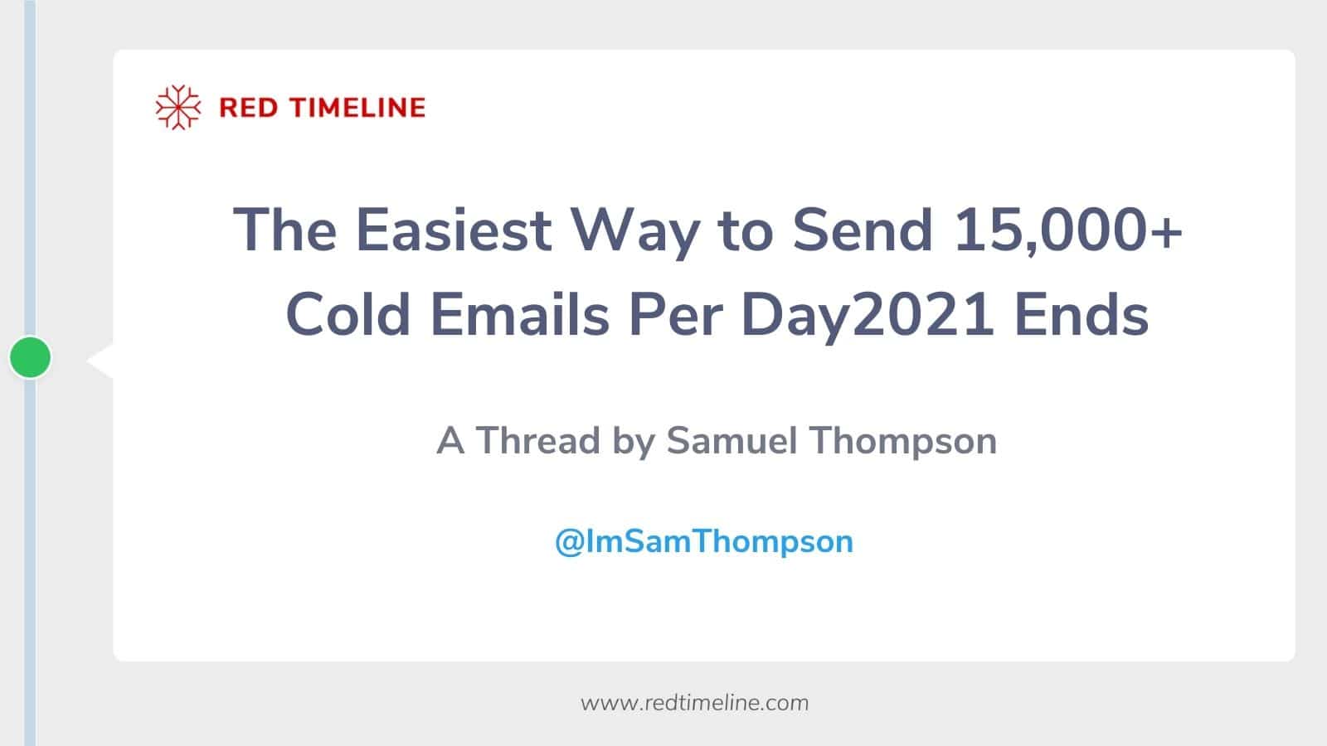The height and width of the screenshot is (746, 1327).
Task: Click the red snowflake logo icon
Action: (178, 107)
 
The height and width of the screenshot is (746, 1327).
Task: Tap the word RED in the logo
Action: (248, 108)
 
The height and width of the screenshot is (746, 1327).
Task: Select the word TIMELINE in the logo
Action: (357, 108)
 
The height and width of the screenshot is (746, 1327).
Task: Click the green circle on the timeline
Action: (30, 357)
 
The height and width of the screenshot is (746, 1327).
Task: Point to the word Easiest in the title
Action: (454, 230)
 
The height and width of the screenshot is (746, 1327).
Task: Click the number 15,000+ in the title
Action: (1068, 231)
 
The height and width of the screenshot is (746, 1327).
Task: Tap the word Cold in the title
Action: (348, 314)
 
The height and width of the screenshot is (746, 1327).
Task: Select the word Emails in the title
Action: (520, 314)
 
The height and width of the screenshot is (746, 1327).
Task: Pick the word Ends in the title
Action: (1082, 314)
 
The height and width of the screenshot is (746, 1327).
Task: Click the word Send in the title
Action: (863, 230)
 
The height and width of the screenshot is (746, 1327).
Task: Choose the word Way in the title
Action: (635, 235)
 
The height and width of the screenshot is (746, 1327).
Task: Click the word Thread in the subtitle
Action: (538, 440)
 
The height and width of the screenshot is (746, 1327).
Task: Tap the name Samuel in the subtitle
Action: (732, 440)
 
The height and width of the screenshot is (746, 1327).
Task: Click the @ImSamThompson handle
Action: (704, 542)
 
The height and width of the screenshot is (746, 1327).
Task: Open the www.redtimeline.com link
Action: (694, 703)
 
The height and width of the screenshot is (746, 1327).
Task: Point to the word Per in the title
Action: (676, 314)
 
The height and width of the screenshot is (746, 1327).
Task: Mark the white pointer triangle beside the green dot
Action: (100, 360)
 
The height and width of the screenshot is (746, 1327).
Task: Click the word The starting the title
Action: (285, 230)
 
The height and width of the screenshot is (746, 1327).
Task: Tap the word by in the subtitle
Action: (634, 443)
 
